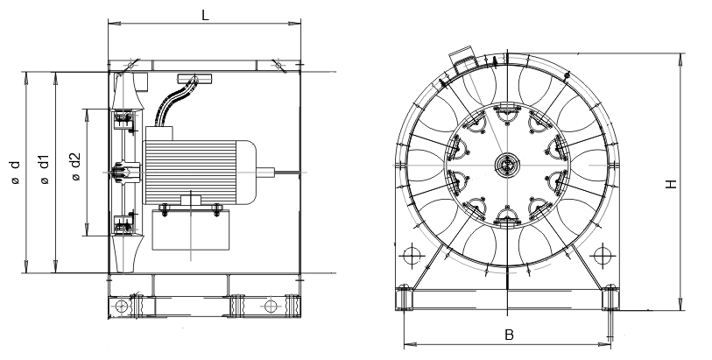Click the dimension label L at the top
(205, 15)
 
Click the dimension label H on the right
(671, 184)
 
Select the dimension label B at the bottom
(508, 335)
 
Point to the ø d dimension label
(15, 171)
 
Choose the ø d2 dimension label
(74, 166)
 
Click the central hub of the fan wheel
(507, 164)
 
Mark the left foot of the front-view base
(405, 298)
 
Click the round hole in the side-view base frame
(271, 306)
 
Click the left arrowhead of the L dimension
(111, 25)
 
